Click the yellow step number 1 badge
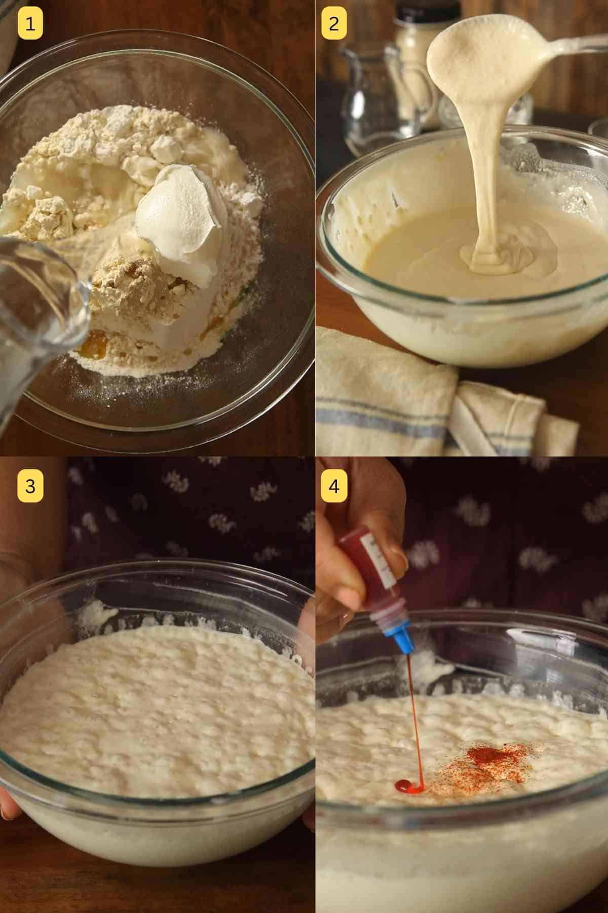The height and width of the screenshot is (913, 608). coord(30,24)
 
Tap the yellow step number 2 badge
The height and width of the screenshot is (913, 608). coord(334,24)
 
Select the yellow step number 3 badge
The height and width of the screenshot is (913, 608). coord(30,486)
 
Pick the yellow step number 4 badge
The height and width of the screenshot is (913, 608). coord(334,486)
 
